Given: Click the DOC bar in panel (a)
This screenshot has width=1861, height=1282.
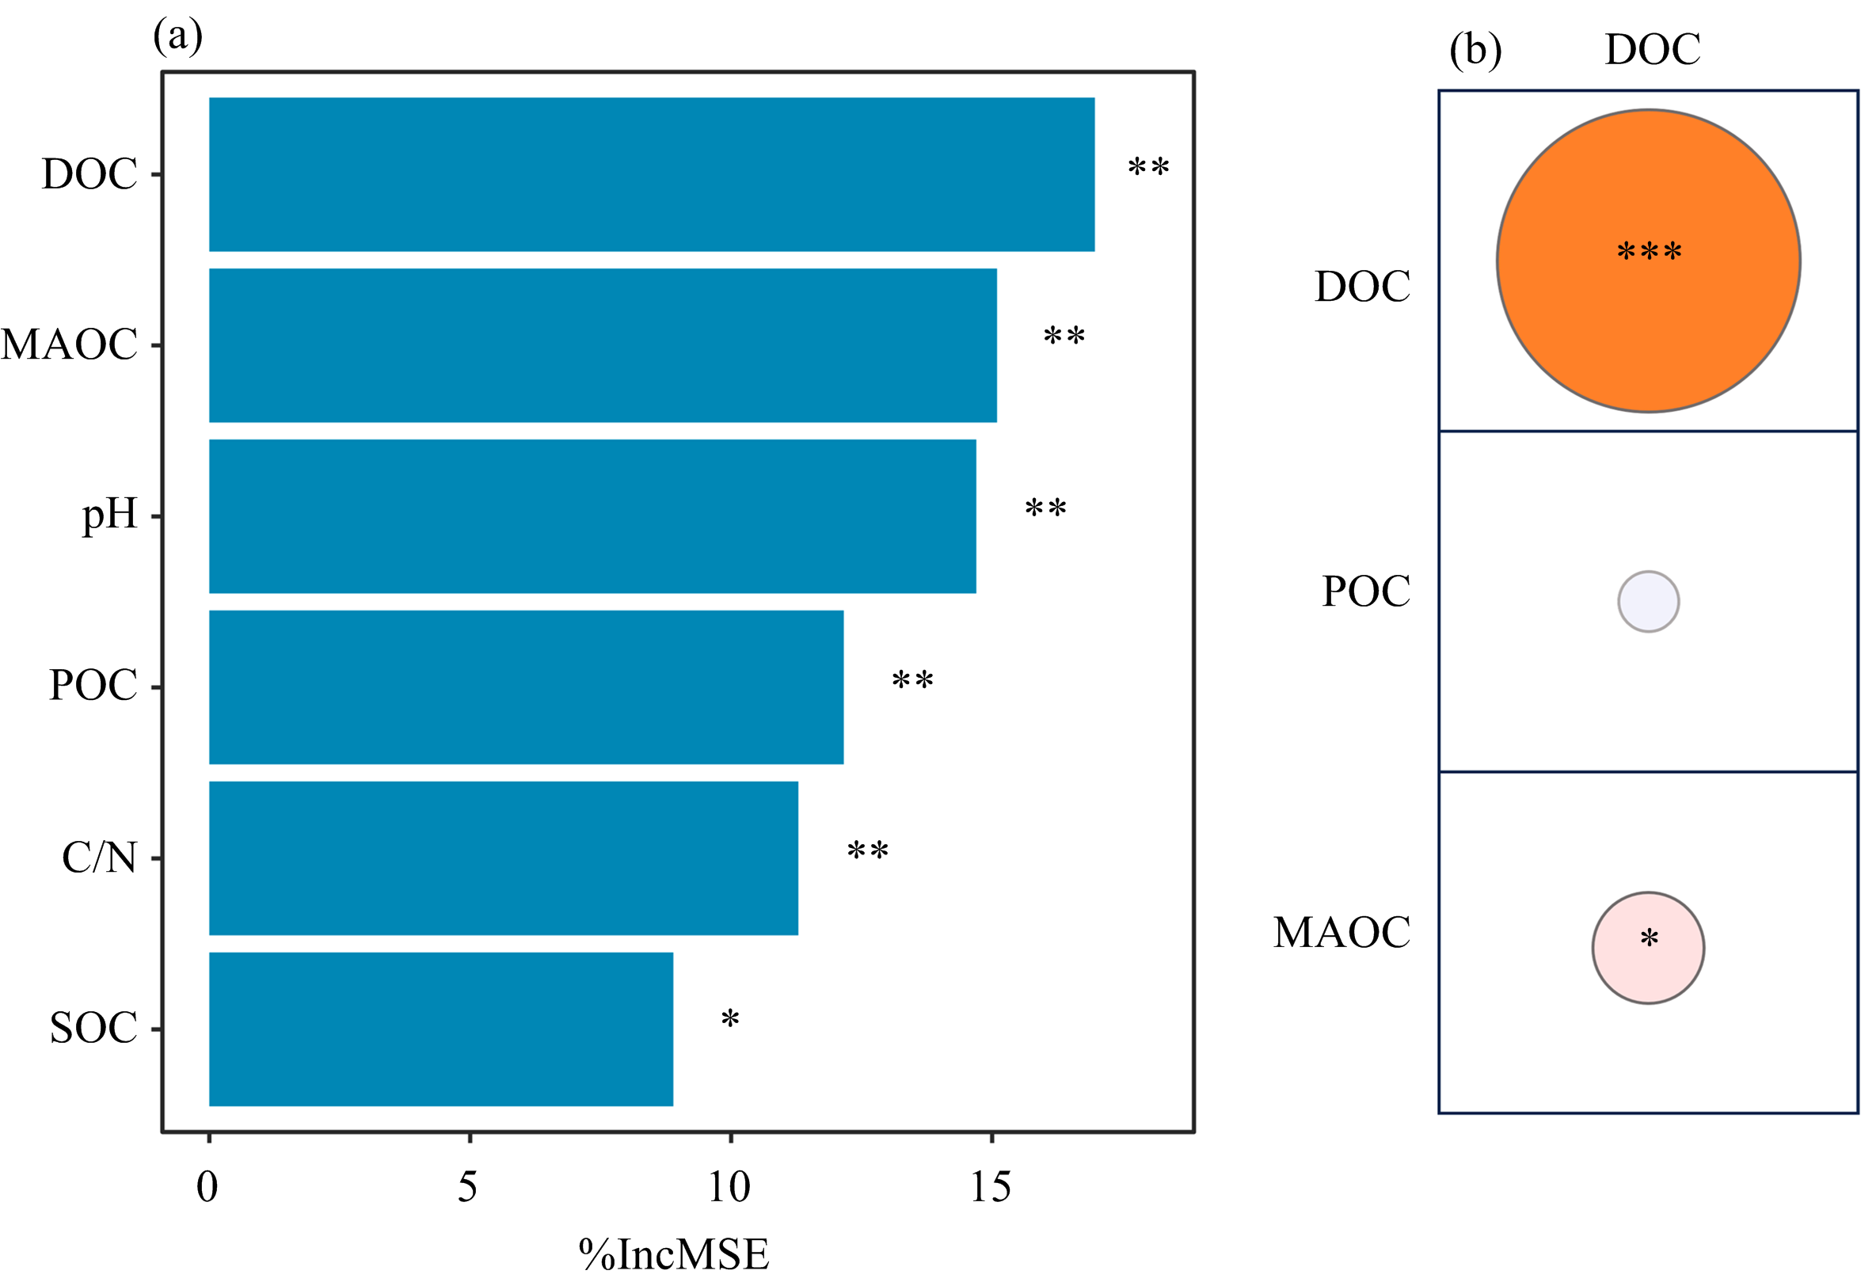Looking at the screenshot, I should tap(651, 174).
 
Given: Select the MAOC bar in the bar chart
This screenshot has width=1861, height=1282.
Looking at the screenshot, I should tap(603, 344).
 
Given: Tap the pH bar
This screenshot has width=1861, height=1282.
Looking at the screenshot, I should tap(592, 515).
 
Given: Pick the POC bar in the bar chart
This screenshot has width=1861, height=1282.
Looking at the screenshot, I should tap(526, 687).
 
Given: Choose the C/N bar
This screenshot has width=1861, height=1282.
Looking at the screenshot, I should tap(503, 858).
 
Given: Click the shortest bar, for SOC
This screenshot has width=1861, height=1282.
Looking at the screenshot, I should tap(440, 1029).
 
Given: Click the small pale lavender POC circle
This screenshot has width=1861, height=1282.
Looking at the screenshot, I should tap(1647, 602).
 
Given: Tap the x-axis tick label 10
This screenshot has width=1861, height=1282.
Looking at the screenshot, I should tap(729, 1187).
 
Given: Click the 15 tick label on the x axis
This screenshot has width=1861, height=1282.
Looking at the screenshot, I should tap(991, 1187).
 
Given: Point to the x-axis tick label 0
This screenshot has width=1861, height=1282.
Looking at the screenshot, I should tap(207, 1187).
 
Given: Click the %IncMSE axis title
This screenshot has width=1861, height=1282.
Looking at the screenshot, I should tap(673, 1253).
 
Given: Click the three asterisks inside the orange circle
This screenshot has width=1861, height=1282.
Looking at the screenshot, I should tap(1648, 253).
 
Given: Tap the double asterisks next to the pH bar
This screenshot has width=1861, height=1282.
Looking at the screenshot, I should tap(1045, 508).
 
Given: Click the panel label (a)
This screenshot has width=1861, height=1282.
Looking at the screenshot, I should tap(177, 37).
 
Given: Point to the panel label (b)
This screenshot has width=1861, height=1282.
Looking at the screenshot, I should tap(1475, 50).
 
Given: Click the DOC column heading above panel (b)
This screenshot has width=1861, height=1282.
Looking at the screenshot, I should tap(1652, 50).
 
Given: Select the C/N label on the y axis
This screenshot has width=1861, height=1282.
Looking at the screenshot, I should tap(100, 858).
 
